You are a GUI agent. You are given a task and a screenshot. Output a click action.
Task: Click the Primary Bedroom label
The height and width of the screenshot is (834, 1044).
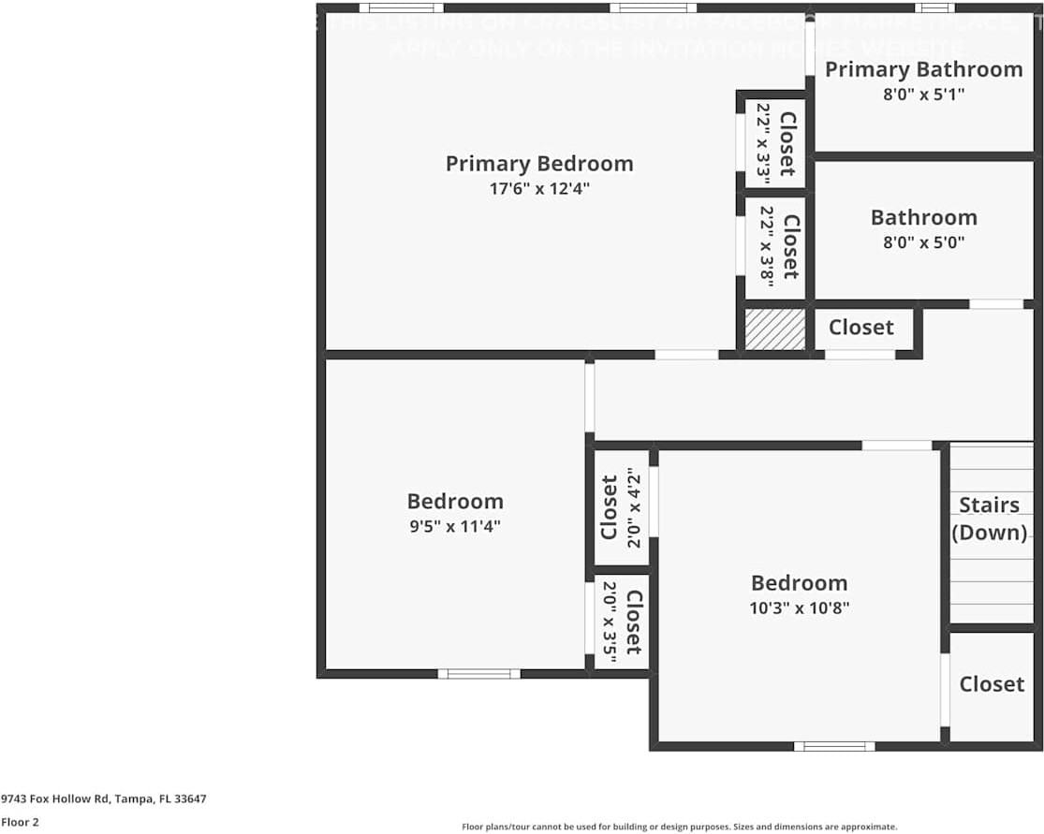tap(539, 164)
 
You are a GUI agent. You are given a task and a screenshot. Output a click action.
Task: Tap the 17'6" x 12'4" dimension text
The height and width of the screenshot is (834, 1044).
tap(539, 188)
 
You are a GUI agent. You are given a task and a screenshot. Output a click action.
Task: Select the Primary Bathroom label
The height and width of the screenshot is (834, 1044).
tap(923, 69)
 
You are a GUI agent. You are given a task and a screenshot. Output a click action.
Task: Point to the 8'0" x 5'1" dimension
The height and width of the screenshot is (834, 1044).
tap(923, 94)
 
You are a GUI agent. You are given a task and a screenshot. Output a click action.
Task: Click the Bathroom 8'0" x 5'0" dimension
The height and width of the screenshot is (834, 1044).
tap(923, 241)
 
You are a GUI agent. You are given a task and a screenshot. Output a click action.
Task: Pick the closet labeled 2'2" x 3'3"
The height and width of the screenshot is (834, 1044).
tap(775, 143)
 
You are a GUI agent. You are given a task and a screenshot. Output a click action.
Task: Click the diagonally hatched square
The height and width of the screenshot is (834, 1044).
tap(774, 329)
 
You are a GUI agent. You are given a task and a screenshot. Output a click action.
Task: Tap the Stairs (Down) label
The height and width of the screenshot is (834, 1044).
tap(989, 519)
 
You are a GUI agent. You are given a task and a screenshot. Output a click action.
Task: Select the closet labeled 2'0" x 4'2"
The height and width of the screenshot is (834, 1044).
tap(622, 507)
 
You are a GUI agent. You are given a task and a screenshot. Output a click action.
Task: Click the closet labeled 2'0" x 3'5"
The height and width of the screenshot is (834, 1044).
tap(622, 622)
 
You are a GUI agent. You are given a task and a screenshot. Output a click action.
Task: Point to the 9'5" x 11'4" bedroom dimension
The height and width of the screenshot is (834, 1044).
tap(455, 526)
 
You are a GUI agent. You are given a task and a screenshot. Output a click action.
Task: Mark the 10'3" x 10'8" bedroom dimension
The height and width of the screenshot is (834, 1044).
tap(800, 607)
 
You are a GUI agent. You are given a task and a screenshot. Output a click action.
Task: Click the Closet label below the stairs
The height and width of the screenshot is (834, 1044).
tap(992, 684)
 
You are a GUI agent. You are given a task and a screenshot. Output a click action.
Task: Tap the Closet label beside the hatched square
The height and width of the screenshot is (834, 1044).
tap(860, 328)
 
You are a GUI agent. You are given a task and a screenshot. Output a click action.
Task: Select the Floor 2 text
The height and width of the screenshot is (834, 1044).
tap(20, 822)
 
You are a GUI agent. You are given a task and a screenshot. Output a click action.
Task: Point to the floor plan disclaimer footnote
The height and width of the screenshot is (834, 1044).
tap(679, 827)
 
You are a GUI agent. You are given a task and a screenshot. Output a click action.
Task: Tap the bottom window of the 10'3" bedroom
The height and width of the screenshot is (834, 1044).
tap(834, 746)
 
